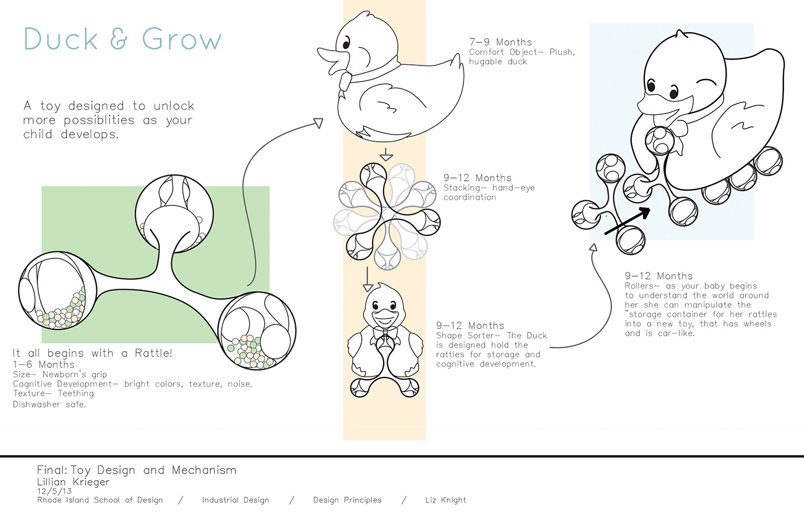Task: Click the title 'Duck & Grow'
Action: pos(122,39)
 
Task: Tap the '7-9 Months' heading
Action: pos(500,42)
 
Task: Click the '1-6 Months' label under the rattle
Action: pos(44,364)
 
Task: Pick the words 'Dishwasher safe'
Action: pos(49,404)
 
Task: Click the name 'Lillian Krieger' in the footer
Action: pos(73,482)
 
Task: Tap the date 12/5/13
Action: pos(55,491)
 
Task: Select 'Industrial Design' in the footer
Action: pos(235,500)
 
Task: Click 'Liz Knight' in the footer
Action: pos(446,500)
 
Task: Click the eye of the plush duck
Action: pos(346,43)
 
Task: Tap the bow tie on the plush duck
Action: pos(345,80)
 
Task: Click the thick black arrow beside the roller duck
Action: pos(628,221)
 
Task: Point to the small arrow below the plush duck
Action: pos(386,154)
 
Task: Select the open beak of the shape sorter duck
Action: pos(383,316)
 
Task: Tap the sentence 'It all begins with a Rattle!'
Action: pos(92,353)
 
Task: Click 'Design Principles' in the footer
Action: pos(347,500)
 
